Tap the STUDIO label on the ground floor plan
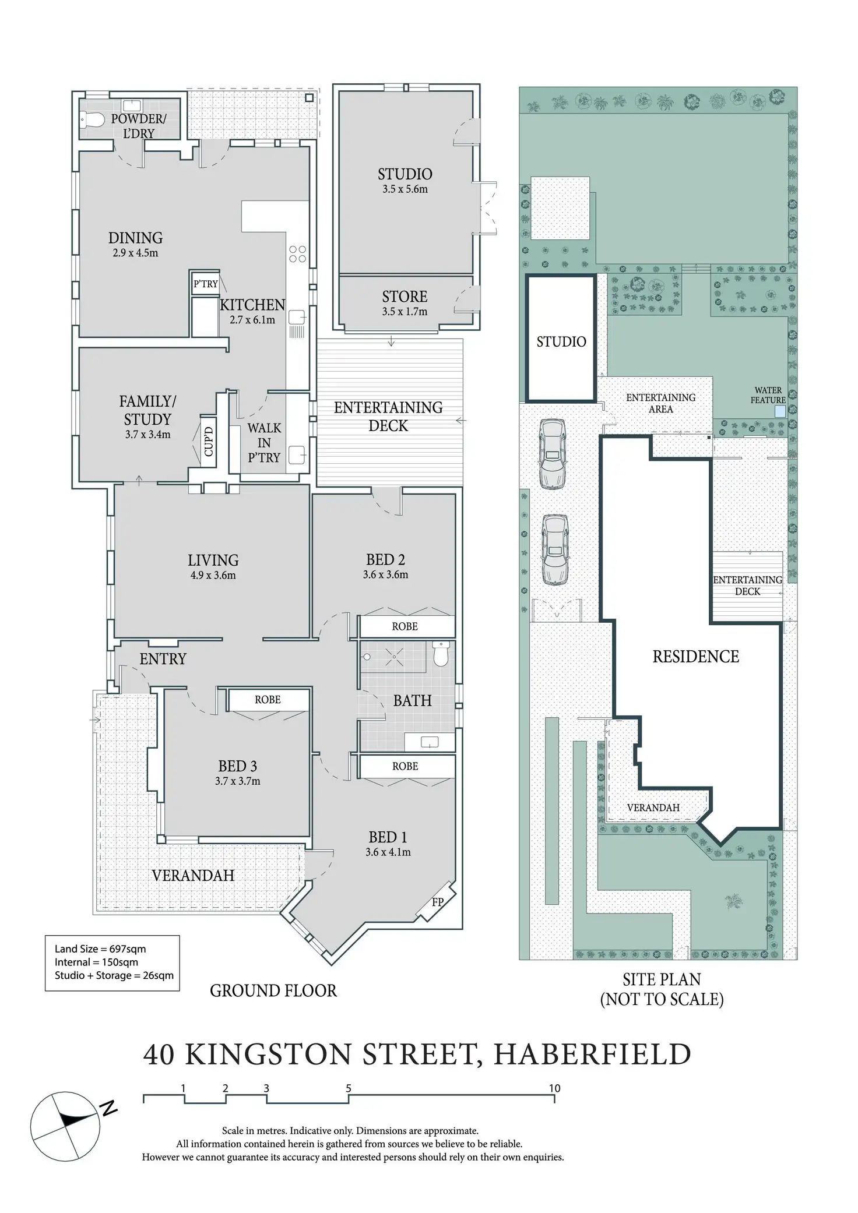405,174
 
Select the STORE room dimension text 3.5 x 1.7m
405,312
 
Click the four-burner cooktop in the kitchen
297,253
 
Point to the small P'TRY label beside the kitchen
206,284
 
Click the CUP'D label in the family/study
209,441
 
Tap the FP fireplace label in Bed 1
438,902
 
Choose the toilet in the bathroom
441,654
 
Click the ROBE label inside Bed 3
268,700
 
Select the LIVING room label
213,560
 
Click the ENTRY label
163,659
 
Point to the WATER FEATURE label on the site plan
768,395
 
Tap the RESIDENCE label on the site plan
695,657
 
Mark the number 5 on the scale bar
349,1088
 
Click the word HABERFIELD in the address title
592,1055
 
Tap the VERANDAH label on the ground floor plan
193,875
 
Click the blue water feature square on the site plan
779,411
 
